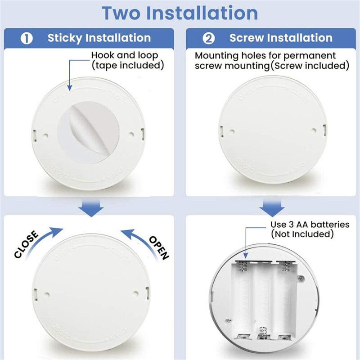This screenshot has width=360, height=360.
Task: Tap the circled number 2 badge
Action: tap(209, 38)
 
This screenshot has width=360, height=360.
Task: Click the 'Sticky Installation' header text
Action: tap(99, 38)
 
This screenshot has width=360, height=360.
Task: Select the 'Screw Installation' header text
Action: tap(281, 38)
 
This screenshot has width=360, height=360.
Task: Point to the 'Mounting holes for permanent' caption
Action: tap(265, 56)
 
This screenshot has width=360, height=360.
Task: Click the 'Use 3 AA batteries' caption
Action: tap(310, 224)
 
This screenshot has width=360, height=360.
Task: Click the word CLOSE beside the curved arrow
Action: tap(27, 244)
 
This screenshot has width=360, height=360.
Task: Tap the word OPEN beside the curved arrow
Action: tap(158, 247)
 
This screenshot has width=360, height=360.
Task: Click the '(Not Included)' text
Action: tap(301, 234)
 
